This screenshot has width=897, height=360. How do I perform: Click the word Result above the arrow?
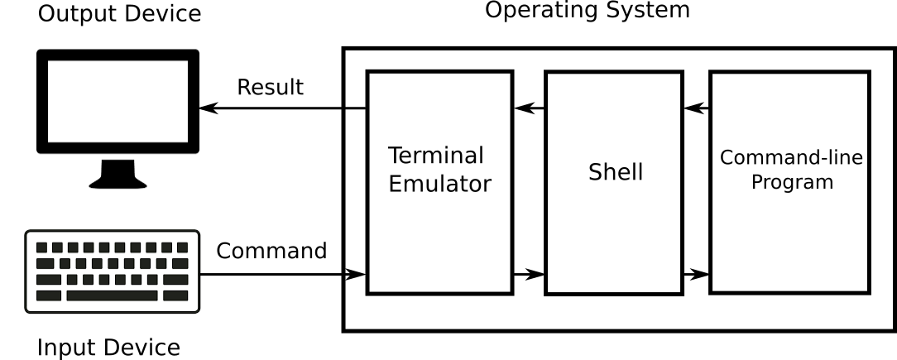270,87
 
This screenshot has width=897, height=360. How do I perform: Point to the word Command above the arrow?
271,251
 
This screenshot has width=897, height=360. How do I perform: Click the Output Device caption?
119,13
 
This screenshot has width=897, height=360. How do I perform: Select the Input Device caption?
108,348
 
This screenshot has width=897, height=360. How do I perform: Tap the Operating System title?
587,10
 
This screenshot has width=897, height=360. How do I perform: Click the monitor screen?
118,100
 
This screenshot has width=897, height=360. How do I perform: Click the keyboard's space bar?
112,295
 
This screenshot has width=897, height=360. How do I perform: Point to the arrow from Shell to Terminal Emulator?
529,108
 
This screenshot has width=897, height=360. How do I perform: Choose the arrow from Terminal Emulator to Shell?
529,274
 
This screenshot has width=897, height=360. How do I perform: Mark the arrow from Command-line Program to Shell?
697,108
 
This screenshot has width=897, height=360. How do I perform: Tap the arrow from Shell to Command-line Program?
697,274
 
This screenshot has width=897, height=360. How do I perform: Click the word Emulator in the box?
439,184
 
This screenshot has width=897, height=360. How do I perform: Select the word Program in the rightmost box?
792,182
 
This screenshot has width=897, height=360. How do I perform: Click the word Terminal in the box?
436,156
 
